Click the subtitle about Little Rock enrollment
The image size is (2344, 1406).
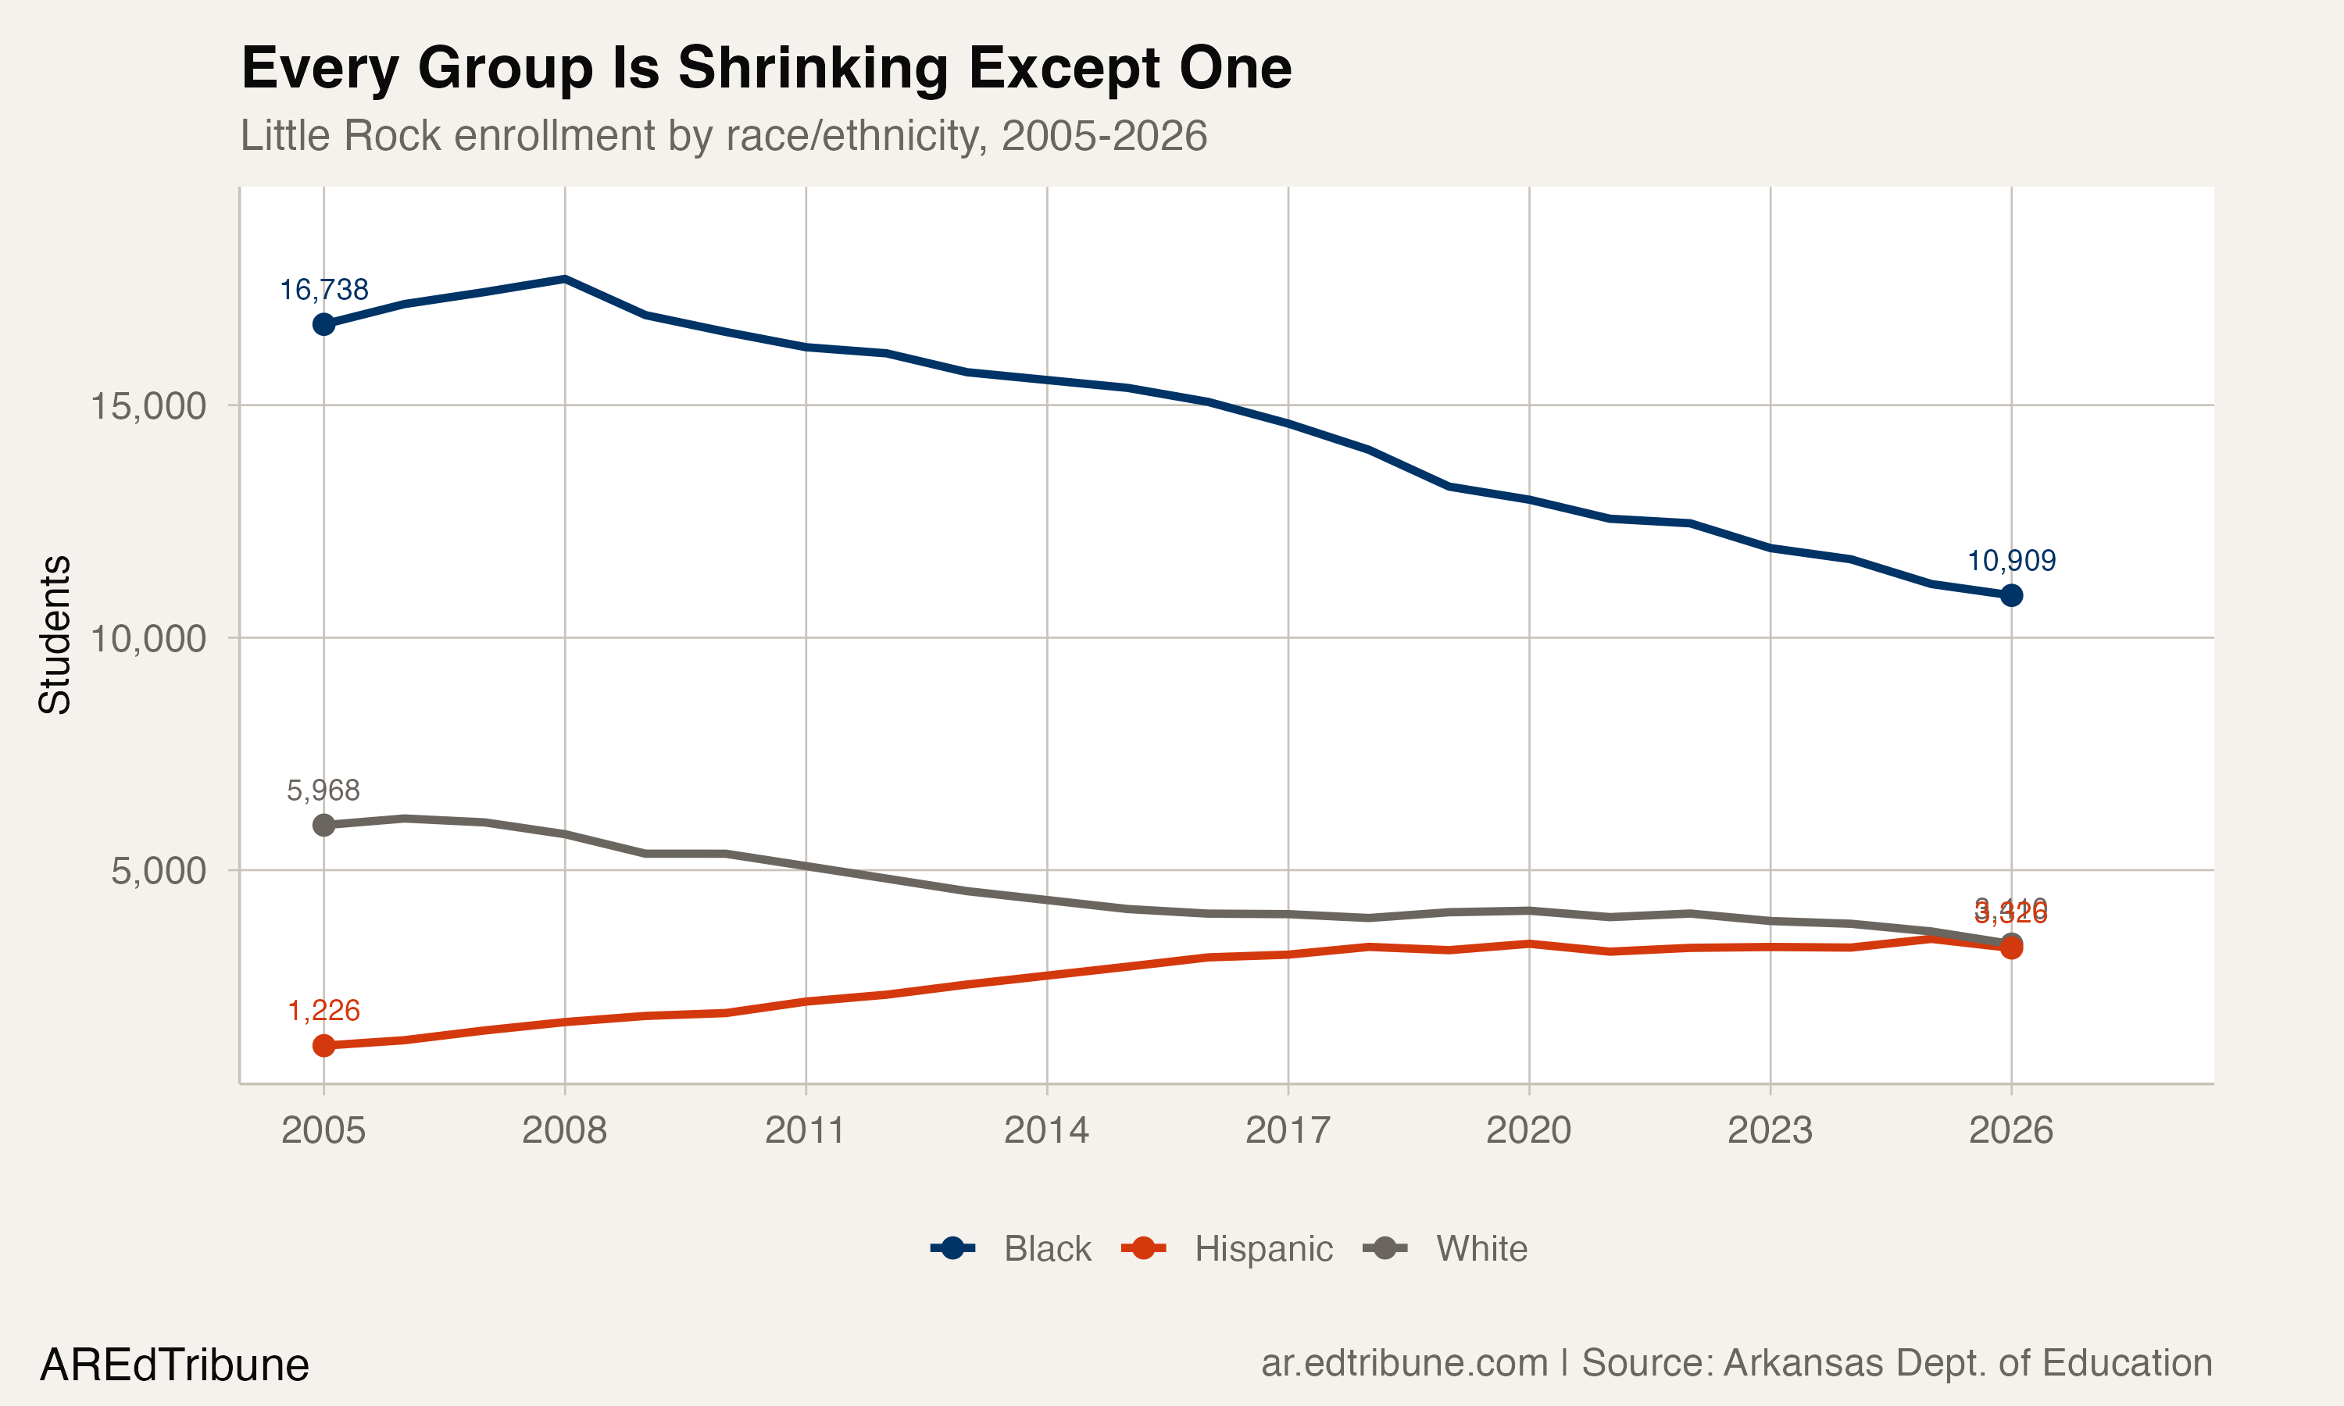click(x=723, y=135)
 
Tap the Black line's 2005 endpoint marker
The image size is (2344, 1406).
click(x=324, y=325)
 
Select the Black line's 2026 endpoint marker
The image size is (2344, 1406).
click(x=2010, y=595)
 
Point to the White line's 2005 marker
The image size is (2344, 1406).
click(x=324, y=825)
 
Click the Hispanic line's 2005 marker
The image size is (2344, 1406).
click(x=324, y=1045)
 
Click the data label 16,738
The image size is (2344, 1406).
click(x=324, y=290)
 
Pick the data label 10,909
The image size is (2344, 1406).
click(x=2010, y=561)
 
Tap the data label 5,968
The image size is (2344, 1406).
click(x=324, y=790)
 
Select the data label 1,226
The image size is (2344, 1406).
click(x=324, y=1011)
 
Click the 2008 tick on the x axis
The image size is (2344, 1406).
click(x=565, y=1130)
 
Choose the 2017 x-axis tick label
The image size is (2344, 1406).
click(x=1288, y=1130)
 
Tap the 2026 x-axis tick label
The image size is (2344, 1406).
click(x=2010, y=1130)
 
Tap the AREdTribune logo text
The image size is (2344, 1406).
click(x=174, y=1365)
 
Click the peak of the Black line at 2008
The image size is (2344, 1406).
click(x=565, y=279)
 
